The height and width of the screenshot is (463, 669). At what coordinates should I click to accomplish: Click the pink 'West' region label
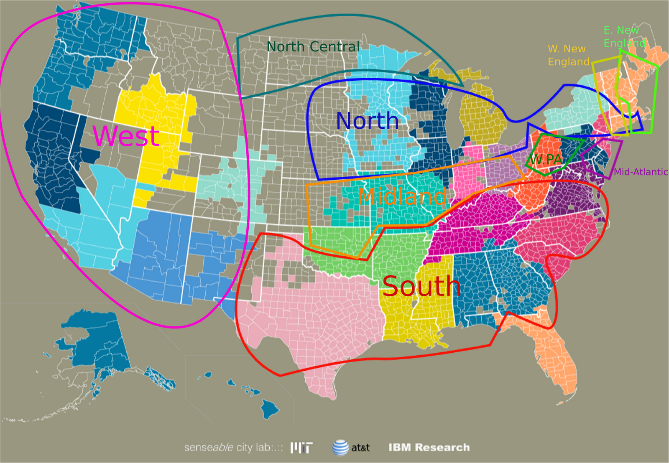pos(126,136)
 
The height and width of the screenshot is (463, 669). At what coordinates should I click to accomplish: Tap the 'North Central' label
pos(313,47)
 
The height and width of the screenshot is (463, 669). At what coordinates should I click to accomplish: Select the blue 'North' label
pos(367,121)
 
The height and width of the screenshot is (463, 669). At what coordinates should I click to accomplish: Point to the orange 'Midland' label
pos(402,196)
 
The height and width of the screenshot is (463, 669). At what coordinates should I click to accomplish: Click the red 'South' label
pos(421,286)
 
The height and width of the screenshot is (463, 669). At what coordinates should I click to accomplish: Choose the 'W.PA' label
pos(546,159)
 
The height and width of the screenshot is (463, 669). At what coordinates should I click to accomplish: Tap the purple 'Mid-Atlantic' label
pos(641,172)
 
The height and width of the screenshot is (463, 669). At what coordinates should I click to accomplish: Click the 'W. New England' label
pos(568,55)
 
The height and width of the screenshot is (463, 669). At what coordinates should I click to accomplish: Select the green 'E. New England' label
pos(623,36)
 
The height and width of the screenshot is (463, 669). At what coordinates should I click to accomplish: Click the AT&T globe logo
pos(340,448)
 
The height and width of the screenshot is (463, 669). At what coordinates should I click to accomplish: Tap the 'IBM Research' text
pos(429,448)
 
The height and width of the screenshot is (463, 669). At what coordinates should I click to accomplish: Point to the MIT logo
pos(301,448)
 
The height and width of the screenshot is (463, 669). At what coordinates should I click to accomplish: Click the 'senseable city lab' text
pos(233,448)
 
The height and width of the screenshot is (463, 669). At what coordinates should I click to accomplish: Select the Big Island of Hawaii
pos(270,407)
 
